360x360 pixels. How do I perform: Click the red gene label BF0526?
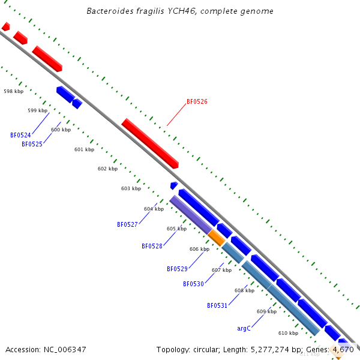[197, 102]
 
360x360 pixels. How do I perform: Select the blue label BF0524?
[20, 136]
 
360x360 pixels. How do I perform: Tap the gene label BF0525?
[32, 145]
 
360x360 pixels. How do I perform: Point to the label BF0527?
[127, 224]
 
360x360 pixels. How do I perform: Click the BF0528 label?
[152, 247]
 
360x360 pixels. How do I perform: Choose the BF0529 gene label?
[177, 269]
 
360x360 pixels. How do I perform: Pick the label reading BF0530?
[193, 284]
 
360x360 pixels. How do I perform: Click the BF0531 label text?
[217, 306]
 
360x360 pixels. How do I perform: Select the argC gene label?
[243, 329]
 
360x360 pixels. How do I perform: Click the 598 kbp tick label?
[13, 92]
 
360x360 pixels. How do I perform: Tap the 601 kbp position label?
[84, 149]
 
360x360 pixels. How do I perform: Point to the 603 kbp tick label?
[131, 188]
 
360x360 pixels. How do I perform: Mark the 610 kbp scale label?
[288, 333]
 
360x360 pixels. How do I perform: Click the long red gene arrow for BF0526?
[150, 143]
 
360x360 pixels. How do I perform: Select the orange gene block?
[217, 238]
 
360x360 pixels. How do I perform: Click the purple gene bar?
[191, 214]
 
